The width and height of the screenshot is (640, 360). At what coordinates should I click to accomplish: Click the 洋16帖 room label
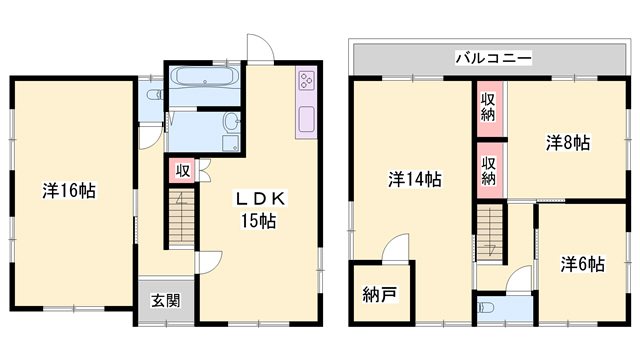pos(69,191)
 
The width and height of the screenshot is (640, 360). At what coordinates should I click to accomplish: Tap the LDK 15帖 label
pos(259,210)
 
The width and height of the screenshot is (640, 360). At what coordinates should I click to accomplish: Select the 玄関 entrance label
pos(166,301)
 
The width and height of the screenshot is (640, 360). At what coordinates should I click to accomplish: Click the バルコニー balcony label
pos(493,58)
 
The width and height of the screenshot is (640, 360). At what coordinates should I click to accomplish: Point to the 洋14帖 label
pos(415,179)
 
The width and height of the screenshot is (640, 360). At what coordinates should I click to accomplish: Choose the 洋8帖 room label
pos(568,143)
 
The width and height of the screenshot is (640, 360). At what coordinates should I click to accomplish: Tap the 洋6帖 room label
pos(582,264)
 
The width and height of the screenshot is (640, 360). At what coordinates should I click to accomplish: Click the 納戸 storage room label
pos(380,295)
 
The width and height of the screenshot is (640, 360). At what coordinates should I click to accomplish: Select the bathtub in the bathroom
pos(205,77)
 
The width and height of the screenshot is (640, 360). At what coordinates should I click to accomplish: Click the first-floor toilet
pos(155,95)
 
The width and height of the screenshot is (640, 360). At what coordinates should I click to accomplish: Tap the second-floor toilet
pos(486,307)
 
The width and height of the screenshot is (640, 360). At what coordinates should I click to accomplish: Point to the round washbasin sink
pos(231,122)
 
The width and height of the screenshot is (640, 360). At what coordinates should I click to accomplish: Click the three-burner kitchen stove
pos(306,80)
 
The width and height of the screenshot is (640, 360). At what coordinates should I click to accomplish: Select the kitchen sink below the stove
pos(306,118)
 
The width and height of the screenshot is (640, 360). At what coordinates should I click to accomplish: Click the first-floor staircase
pos(182,218)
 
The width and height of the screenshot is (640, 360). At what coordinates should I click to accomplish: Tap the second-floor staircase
pos(490,233)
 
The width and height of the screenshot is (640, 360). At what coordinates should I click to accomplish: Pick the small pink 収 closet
pos(182,171)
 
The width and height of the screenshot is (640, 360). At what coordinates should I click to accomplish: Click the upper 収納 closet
pos(490,109)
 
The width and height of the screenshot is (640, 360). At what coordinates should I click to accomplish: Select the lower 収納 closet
pos(490,171)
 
